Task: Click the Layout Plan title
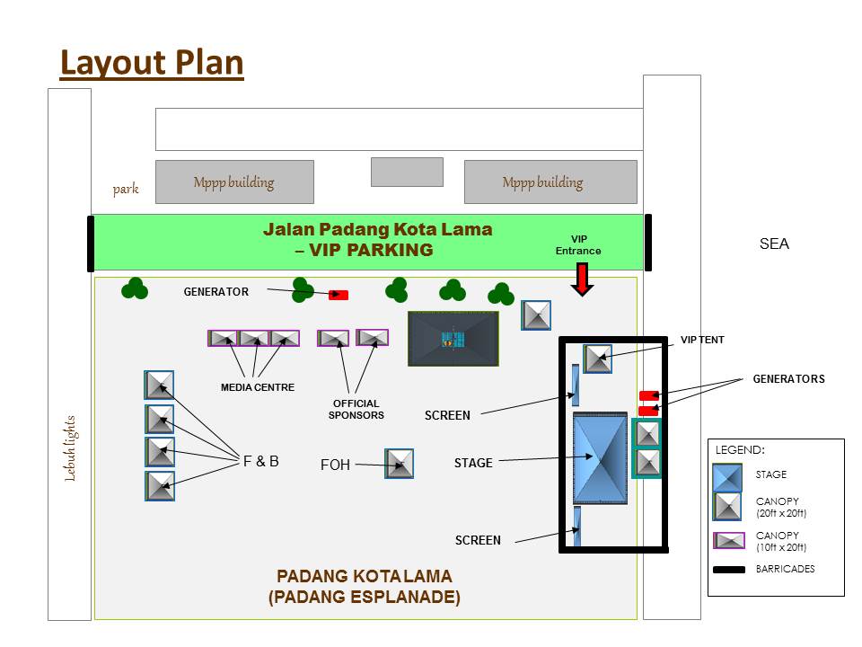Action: [152, 63]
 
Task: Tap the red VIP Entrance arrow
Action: [582, 279]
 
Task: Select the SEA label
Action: [774, 244]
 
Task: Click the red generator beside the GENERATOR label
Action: [339, 295]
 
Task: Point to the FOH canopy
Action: [399, 464]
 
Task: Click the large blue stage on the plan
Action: [600, 457]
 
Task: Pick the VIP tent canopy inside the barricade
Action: [598, 359]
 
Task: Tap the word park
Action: [126, 189]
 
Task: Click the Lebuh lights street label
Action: [70, 448]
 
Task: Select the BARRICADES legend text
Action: [785, 569]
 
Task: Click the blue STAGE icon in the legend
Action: [727, 477]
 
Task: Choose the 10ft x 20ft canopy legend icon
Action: [729, 540]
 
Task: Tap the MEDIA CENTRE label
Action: [258, 387]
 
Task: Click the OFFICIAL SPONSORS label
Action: [356, 410]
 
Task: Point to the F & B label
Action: [260, 461]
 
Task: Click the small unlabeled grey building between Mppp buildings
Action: [407, 173]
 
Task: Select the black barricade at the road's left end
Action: [91, 244]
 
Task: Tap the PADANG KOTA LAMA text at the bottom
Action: [364, 576]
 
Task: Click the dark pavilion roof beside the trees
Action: [453, 339]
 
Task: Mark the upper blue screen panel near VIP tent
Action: [575, 385]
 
